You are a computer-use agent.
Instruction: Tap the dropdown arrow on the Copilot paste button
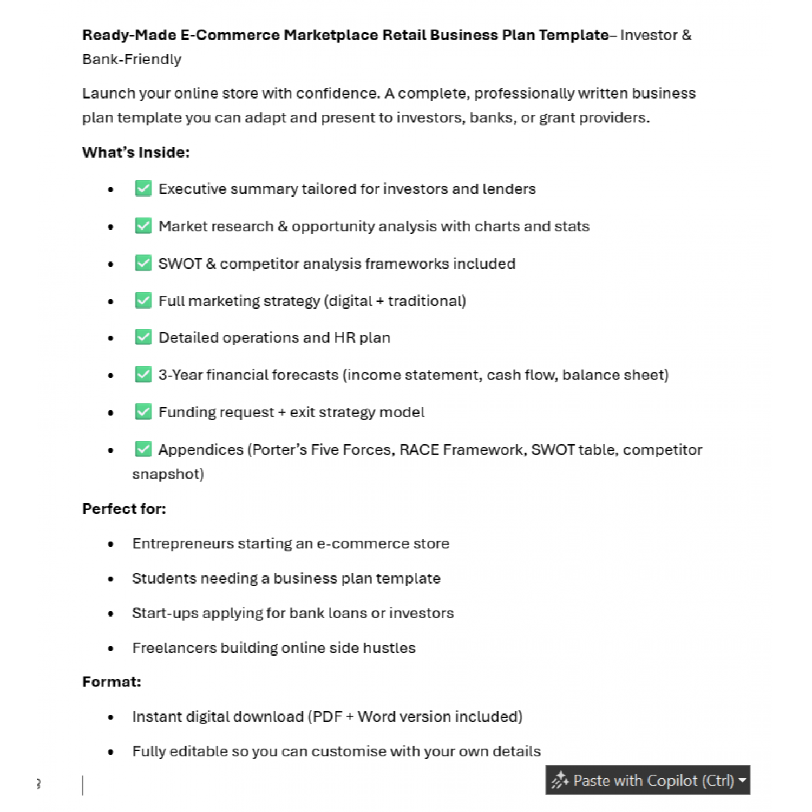742,780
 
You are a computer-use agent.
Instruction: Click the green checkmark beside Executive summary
143,188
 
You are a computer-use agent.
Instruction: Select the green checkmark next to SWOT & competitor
143,263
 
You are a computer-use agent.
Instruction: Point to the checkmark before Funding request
143,412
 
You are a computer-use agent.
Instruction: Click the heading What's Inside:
136,152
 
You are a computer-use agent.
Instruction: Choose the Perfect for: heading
124,508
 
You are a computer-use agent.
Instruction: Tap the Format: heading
112,682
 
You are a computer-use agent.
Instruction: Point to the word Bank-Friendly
132,59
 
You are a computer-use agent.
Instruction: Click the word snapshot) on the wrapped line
168,474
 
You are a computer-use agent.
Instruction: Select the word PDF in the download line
327,716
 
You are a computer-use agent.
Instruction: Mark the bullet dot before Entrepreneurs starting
111,544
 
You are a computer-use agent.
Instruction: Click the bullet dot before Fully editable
111,752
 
